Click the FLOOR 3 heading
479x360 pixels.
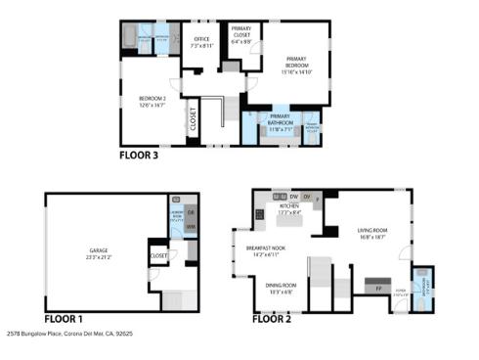(x=139, y=155)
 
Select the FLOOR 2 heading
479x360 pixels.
(x=273, y=319)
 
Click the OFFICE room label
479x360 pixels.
(x=200, y=43)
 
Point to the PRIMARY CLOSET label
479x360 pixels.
(x=241, y=35)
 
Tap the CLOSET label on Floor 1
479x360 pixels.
(x=158, y=256)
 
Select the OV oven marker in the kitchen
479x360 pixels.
(x=307, y=198)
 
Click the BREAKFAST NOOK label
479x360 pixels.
(x=266, y=250)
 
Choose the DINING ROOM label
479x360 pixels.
(x=282, y=288)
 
